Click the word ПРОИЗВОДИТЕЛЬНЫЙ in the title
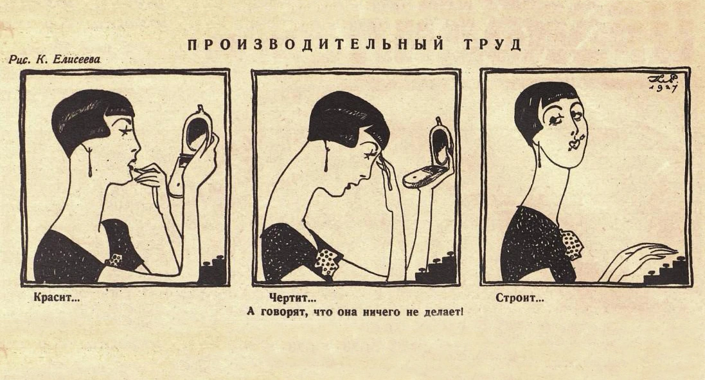[316, 45]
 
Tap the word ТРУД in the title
[492, 45]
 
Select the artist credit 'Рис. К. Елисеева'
[55, 60]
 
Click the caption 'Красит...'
[57, 298]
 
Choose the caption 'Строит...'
[520, 298]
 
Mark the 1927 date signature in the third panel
[664, 84]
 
